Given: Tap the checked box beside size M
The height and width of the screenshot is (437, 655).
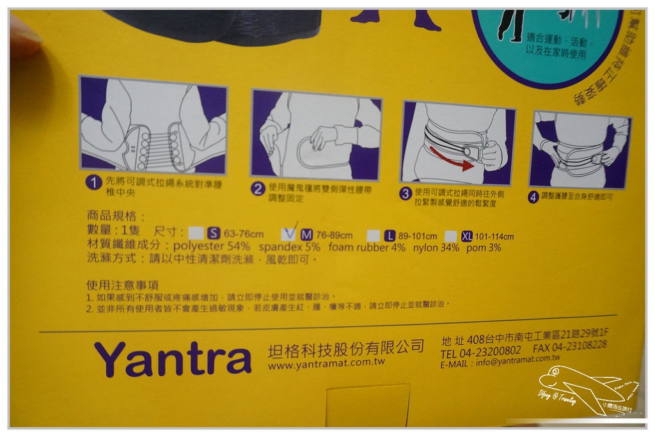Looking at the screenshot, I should pos(289,234).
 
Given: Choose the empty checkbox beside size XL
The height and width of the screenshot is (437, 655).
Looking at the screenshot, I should pos(451,236).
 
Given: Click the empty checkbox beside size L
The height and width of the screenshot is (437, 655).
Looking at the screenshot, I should pos(373,235).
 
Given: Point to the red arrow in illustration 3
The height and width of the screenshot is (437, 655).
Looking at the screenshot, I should pos(452,159).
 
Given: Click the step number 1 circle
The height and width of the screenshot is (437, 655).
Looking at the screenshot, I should pos(94,183).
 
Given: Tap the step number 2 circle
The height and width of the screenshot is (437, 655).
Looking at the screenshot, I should pos(258,188).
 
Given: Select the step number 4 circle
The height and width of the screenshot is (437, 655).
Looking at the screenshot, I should pos(533,197).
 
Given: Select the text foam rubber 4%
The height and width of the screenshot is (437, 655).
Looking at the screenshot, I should pos(367,248).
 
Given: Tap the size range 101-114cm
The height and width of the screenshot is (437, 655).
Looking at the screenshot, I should pos(494,236).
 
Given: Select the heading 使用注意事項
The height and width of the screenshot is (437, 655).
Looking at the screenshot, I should pos(123,285).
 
